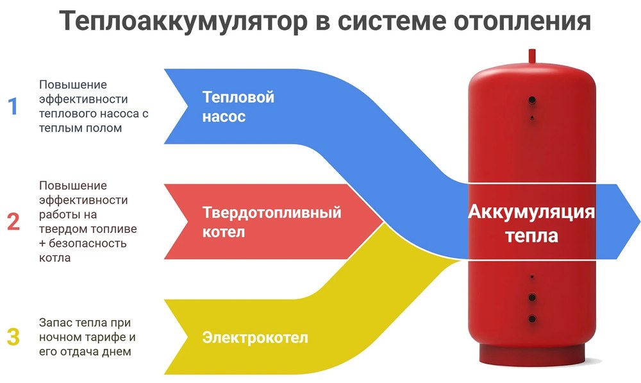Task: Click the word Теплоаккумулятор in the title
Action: click(x=183, y=22)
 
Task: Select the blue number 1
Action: click(x=13, y=106)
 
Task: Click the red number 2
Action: click(x=13, y=222)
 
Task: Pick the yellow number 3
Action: click(x=13, y=337)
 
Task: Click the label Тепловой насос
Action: click(x=238, y=106)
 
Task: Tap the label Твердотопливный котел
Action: click(x=271, y=222)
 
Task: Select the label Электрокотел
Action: click(x=255, y=337)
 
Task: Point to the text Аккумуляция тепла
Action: click(x=531, y=223)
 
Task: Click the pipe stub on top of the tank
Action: click(x=532, y=56)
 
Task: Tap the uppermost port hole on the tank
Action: click(x=532, y=99)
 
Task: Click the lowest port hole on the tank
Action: click(x=532, y=319)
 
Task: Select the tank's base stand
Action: click(x=531, y=354)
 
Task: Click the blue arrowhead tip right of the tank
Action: click(x=640, y=221)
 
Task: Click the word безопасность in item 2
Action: click(x=88, y=244)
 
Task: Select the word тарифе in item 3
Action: click(x=106, y=337)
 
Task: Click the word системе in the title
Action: click(x=392, y=22)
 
